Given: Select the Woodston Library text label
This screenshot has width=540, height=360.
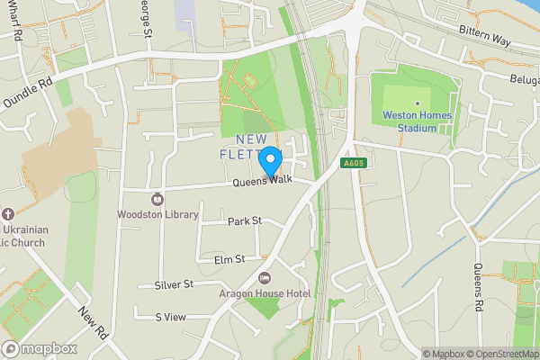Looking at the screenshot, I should tap(158, 214).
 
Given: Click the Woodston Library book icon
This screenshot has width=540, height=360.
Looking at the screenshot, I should tap(158, 198).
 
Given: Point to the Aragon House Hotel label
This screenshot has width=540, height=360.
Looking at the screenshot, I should tap(264, 293).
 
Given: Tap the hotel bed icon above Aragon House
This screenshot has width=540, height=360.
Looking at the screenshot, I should tap(264, 278).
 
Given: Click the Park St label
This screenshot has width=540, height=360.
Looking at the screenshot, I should tap(244, 220).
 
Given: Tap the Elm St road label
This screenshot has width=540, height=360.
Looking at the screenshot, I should tap(229, 259).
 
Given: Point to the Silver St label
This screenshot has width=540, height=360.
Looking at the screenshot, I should tap(174, 284).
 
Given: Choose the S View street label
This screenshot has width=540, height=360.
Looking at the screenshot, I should tap(170, 317).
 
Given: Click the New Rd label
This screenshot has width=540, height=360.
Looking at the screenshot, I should tap(93, 322).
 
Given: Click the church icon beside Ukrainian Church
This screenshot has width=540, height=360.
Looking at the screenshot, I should tap(8, 214).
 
